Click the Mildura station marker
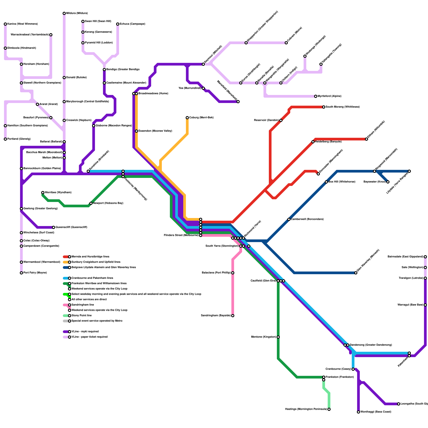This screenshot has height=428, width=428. tap(64, 13)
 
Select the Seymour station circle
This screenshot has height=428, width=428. tap(203, 64)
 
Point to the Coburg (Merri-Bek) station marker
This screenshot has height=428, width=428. tap(187, 118)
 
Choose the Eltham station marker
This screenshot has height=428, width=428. tap(366, 139)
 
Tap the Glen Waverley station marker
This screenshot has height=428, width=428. tap(356, 273)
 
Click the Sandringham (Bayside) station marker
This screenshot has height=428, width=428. tap(233, 316)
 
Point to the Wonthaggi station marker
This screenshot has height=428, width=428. tap(358, 412)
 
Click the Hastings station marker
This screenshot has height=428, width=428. tap(329, 409)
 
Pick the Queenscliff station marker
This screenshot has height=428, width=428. tap(53, 227)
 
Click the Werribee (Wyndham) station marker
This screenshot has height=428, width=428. tap(43, 193)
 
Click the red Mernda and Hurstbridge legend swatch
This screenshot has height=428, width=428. tap(66, 257)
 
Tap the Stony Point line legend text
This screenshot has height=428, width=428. tap(82, 316)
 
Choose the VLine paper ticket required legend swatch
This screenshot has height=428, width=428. tap(66, 337)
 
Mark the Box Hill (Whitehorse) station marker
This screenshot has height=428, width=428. tap(326, 182)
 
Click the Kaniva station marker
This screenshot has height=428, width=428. tap(5, 24)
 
